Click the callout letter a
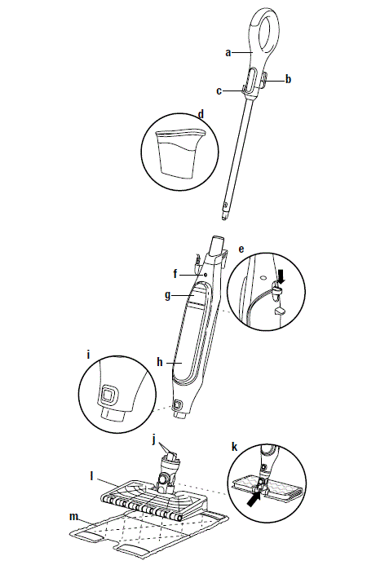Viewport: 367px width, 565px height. [x=229, y=51]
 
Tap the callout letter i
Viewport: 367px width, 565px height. [x=89, y=355]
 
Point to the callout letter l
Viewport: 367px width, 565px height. [x=91, y=474]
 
